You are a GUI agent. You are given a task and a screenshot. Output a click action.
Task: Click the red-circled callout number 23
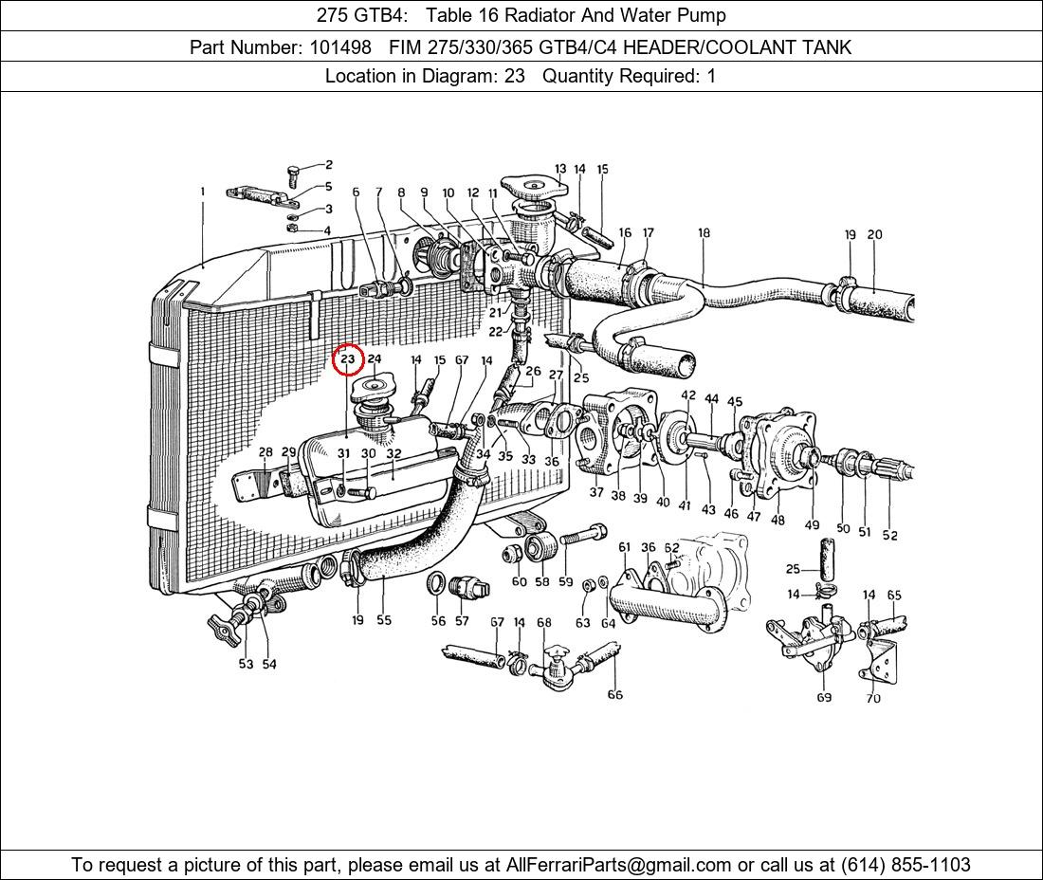(x=348, y=359)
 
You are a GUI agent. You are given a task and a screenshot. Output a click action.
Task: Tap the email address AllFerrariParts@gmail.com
(x=619, y=864)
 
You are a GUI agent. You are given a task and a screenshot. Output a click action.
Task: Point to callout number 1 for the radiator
(x=202, y=192)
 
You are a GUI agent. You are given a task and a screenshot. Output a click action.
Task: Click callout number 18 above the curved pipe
(x=704, y=233)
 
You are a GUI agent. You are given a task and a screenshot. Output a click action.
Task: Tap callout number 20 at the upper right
(x=874, y=234)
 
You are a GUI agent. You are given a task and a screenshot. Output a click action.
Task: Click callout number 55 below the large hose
(x=383, y=620)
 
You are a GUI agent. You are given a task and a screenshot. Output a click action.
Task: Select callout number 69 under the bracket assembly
(x=824, y=697)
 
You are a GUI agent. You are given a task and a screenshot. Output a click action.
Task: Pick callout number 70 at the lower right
(x=872, y=698)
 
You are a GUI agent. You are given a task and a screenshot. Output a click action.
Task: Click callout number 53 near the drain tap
(x=246, y=664)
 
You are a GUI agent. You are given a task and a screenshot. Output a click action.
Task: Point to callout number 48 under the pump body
(x=778, y=520)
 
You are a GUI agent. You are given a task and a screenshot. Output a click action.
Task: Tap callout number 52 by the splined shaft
(x=889, y=535)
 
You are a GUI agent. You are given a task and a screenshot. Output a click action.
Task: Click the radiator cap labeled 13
(x=536, y=185)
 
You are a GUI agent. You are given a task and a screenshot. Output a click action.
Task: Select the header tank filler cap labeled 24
(x=371, y=389)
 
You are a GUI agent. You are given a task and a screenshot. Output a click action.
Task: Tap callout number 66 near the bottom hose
(x=614, y=694)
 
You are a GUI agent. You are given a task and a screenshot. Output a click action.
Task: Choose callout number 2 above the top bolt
(x=328, y=165)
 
